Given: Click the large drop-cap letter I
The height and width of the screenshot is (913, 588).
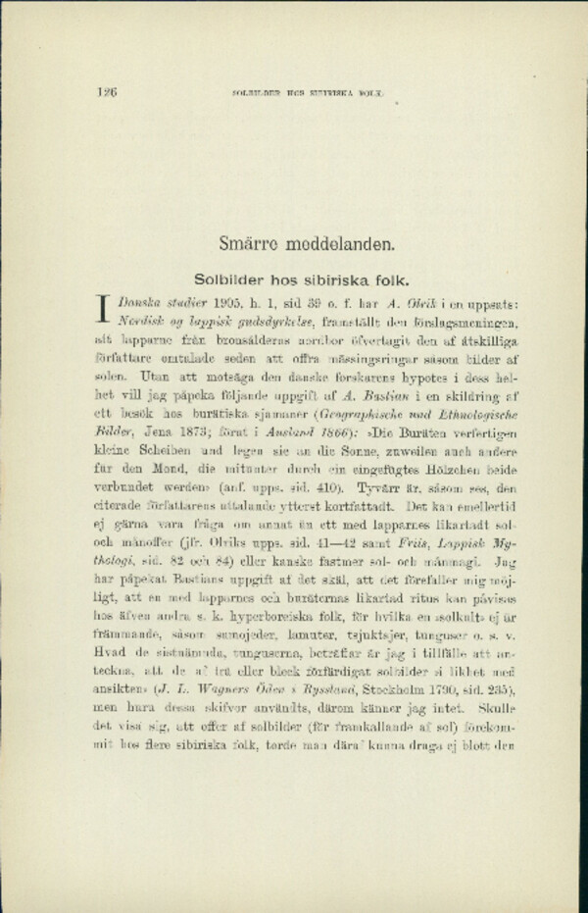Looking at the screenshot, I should tap(102, 308).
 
